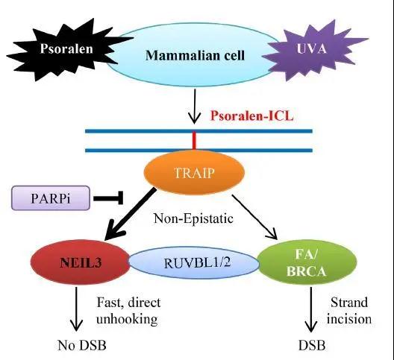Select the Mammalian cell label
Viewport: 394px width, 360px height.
tap(195, 55)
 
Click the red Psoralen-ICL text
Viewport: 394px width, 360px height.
tap(251, 116)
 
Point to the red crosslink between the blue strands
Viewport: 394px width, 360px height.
tap(194, 141)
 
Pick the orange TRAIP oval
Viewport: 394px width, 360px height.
tap(194, 173)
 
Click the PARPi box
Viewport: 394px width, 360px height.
tap(51, 198)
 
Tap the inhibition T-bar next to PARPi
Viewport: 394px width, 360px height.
tap(108, 198)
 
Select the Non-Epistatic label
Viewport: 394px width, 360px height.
tap(193, 218)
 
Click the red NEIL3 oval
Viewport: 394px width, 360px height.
tap(81, 262)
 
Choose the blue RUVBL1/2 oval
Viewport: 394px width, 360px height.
tap(194, 263)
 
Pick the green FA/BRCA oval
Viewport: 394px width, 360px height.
tap(307, 262)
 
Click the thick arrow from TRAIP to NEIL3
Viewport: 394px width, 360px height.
tap(129, 214)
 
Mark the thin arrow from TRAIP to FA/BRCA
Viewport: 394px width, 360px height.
tap(254, 217)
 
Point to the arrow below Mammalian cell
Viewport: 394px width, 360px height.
tap(194, 106)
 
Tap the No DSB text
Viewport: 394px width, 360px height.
tap(82, 345)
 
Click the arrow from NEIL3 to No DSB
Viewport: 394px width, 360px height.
tap(76, 309)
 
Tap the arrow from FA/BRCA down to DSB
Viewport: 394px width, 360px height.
tap(311, 309)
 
